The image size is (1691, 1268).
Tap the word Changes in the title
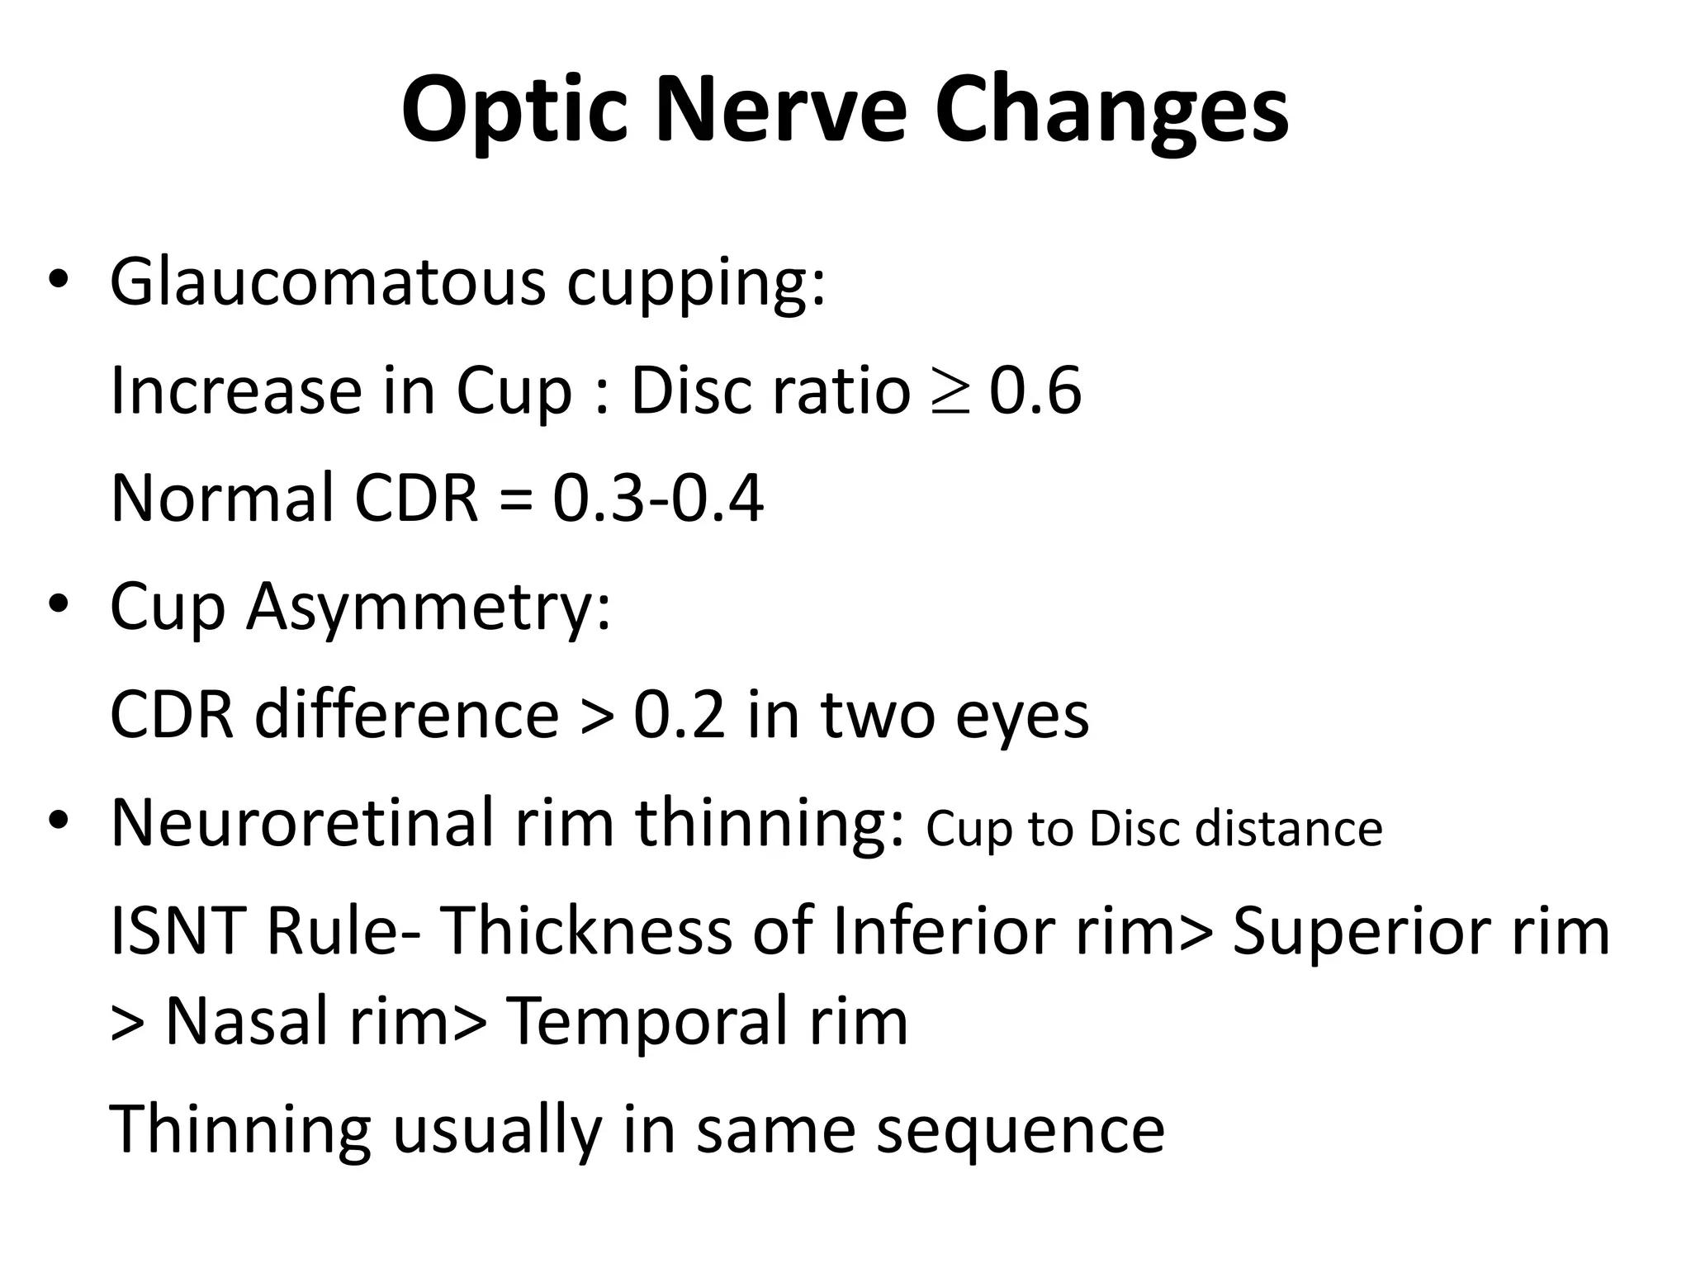coord(1111,111)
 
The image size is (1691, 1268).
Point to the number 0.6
coord(1035,390)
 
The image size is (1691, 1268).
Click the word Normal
coord(222,499)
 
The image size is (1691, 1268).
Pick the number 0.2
coord(680,715)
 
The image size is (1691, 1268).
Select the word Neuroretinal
coord(302,823)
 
